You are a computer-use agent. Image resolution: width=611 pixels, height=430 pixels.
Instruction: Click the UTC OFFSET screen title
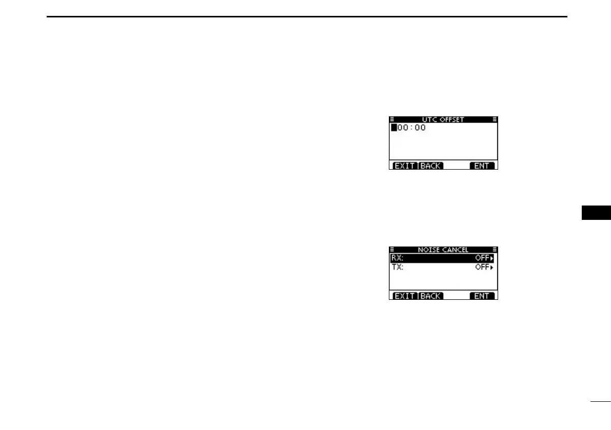pyautogui.click(x=443, y=119)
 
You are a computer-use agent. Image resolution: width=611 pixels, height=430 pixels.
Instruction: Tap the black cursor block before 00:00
pyautogui.click(x=394, y=128)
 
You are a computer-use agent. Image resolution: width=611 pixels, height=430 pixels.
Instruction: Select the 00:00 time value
pyautogui.click(x=412, y=128)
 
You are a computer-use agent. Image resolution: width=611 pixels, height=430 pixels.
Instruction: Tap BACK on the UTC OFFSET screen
pyautogui.click(x=430, y=166)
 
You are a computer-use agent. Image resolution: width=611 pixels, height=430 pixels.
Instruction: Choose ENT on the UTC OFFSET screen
pyautogui.click(x=482, y=166)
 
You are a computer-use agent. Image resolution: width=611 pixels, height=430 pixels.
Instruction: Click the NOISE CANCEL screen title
pyautogui.click(x=443, y=250)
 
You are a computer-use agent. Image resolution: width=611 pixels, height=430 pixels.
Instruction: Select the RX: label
pyautogui.click(x=397, y=258)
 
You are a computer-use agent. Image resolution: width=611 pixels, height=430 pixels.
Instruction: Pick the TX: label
pyautogui.click(x=397, y=268)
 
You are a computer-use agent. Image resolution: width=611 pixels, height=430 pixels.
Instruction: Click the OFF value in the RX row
pyautogui.click(x=481, y=258)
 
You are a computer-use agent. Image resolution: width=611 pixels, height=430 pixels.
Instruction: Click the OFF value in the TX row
pyautogui.click(x=481, y=268)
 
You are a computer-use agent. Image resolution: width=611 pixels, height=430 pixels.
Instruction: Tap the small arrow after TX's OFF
pyautogui.click(x=491, y=268)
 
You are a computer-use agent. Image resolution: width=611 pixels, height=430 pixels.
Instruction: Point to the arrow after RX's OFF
pyautogui.click(x=491, y=258)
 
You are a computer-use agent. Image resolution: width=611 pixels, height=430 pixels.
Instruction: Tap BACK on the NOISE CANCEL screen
pyautogui.click(x=430, y=296)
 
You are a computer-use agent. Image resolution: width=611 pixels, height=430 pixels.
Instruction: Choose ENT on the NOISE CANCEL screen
pyautogui.click(x=482, y=296)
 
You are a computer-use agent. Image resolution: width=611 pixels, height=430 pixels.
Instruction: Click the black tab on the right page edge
pyautogui.click(x=596, y=213)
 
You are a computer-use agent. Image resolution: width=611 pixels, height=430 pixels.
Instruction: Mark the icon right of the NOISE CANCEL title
pyautogui.click(x=495, y=250)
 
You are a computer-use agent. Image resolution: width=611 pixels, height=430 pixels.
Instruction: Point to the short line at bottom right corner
pyautogui.click(x=600, y=402)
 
